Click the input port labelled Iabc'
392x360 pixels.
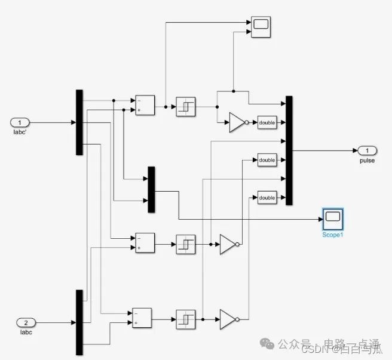coord(20,122)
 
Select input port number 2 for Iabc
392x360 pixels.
coord(26,322)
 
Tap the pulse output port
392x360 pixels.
coord(367,150)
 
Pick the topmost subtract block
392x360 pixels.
coord(145,105)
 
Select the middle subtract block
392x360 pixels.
coord(145,243)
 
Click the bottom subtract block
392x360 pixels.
coord(142,318)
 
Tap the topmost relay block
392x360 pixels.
coord(185,106)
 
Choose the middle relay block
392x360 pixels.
coord(185,244)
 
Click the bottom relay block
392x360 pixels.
coord(185,319)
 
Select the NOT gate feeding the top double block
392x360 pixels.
coord(237,123)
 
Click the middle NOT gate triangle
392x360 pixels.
coord(228,244)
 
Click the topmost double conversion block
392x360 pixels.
coord(267,123)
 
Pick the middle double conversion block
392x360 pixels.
coord(267,160)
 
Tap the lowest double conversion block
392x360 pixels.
coord(267,198)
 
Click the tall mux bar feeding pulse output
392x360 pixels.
coord(289,150)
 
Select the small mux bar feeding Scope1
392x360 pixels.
coord(151,189)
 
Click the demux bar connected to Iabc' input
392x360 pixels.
coord(79,122)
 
